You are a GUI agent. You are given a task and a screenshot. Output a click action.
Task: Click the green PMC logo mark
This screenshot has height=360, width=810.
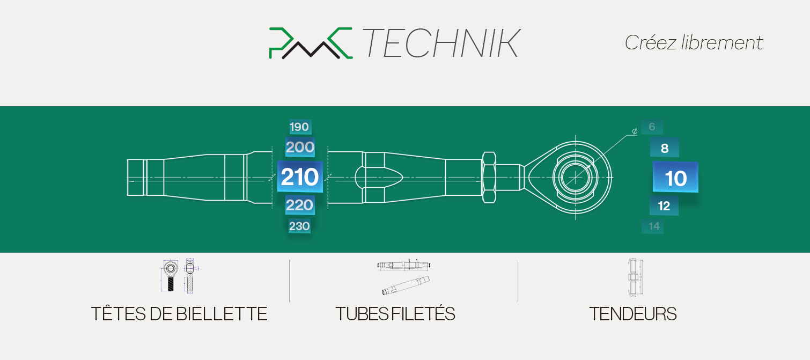coord(311,43)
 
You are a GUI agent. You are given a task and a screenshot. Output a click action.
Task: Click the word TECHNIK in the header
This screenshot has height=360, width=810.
coord(441,43)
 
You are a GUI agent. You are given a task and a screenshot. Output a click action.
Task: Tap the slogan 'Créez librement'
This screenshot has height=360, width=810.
coord(694,43)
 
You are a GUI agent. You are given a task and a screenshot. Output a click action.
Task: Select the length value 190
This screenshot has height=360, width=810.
coord(299,127)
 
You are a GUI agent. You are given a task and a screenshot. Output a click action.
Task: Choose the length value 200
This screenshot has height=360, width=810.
coord(300,147)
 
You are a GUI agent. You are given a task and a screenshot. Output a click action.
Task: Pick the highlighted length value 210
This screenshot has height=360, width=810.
coord(300,177)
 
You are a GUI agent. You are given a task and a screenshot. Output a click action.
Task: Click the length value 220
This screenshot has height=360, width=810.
coord(299,205)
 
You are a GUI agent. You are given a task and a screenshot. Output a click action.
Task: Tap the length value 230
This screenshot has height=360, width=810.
coord(299,226)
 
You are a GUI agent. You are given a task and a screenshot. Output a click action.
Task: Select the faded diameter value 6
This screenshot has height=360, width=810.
coord(652,127)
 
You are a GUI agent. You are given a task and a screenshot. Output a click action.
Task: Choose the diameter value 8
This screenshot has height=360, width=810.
coord(664,148)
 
